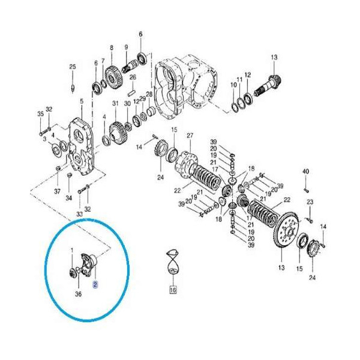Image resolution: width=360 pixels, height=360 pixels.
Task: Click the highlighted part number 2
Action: point(95,284)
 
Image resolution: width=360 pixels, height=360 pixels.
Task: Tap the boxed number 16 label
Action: point(173,290)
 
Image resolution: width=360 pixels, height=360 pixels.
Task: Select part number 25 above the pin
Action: point(73,67)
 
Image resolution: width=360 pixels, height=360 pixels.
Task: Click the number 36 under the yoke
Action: point(78,293)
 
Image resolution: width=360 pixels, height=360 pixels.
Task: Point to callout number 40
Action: point(305,171)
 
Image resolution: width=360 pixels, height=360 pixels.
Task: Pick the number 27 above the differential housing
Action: point(190,136)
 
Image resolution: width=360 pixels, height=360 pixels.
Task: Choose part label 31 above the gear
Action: point(115,103)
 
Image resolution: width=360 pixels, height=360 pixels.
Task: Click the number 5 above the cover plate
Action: point(82,101)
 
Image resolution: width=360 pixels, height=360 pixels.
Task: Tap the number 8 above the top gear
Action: point(112,48)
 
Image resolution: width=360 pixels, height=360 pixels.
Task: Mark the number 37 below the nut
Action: point(57,191)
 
